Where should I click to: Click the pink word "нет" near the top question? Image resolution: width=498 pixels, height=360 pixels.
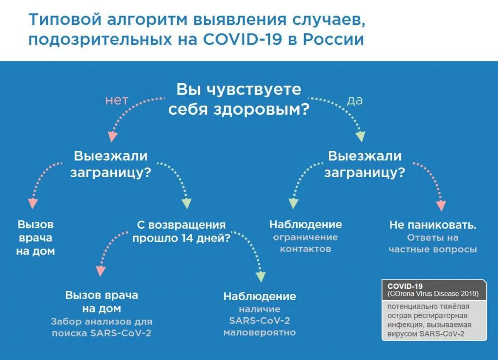(x=117, y=101)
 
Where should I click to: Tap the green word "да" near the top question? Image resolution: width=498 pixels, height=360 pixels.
(x=355, y=101)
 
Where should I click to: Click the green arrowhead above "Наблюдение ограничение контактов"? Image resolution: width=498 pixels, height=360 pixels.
(x=293, y=203)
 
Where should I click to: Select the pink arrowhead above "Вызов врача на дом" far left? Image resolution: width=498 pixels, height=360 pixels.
(x=32, y=203)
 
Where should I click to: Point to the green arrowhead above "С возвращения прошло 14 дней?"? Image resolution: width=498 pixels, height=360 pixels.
(x=187, y=204)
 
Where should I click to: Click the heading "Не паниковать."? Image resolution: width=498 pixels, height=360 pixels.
(x=432, y=226)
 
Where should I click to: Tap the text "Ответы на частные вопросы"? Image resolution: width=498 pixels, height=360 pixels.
(x=432, y=244)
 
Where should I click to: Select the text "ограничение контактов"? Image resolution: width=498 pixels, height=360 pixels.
(x=305, y=243)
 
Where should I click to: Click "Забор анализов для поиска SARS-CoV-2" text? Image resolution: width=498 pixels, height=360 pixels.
(x=101, y=327)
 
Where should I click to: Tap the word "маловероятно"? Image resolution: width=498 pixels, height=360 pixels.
(x=259, y=333)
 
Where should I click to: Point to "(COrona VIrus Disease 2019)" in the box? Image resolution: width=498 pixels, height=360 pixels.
(x=433, y=294)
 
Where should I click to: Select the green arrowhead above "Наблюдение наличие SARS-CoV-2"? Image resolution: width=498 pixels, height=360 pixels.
(x=261, y=276)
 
